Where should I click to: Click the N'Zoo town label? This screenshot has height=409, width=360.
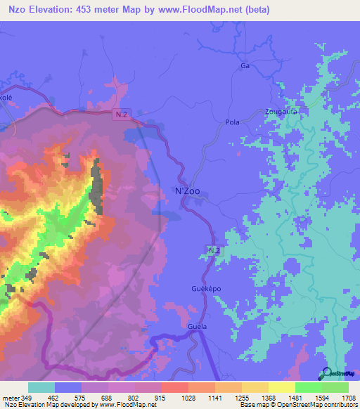[x=186, y=191]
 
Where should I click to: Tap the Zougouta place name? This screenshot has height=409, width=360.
[x=281, y=111]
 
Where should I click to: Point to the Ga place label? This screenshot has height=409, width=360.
[x=245, y=65]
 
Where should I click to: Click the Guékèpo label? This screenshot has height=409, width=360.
[x=206, y=289]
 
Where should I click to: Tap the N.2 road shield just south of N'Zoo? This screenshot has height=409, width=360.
[x=214, y=250]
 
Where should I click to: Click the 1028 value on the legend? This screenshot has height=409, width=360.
[x=188, y=397]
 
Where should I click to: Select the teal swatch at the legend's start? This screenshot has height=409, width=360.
[x=41, y=387]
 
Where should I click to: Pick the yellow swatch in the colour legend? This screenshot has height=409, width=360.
[x=281, y=387]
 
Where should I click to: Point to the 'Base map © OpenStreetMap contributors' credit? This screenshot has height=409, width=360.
[x=297, y=405]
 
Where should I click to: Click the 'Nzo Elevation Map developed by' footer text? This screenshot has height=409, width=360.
[x=49, y=405]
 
